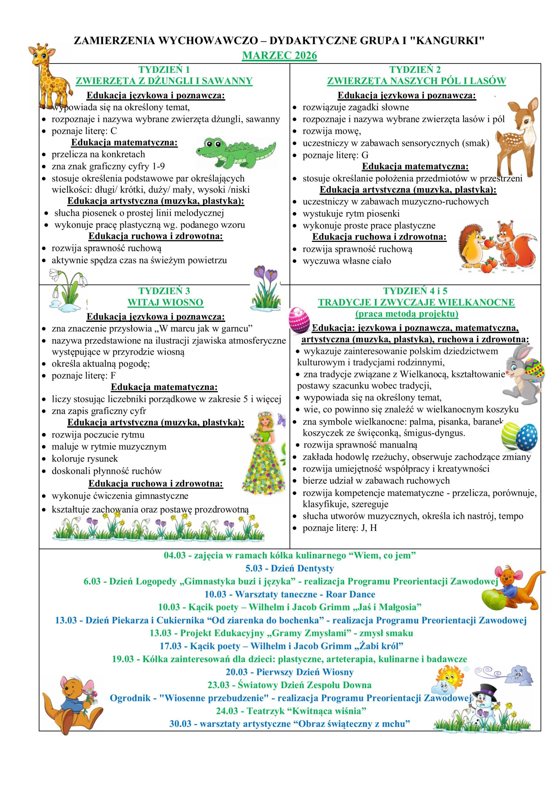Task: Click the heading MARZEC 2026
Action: pos(279,56)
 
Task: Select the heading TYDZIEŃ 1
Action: pos(164,69)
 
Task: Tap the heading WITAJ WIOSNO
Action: pos(166,302)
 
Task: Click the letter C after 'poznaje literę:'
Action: pos(114,131)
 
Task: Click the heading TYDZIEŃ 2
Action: pos(415,69)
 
